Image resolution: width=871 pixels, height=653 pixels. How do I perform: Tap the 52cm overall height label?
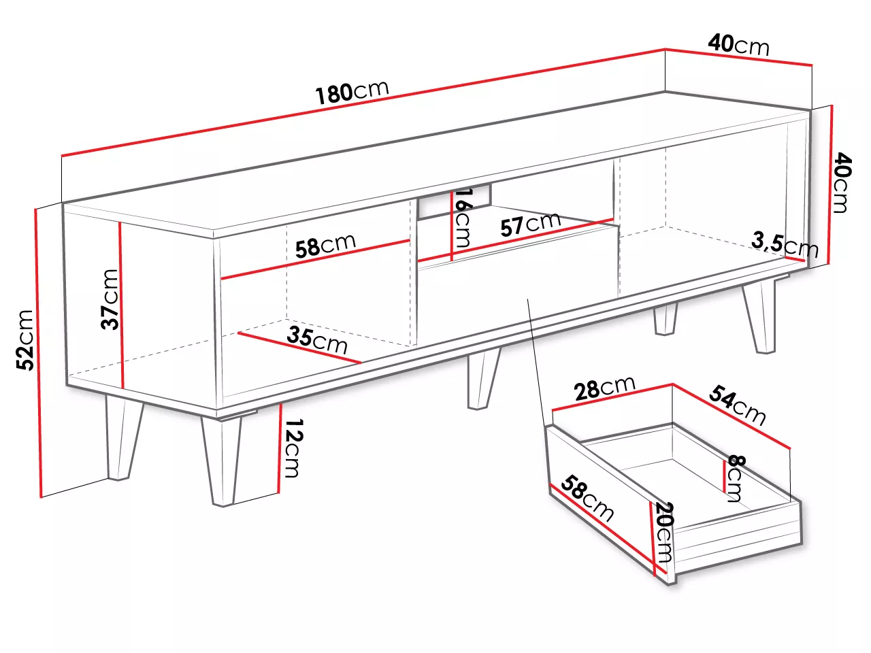pyautogui.click(x=25, y=340)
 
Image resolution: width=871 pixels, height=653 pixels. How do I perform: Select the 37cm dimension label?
pyautogui.click(x=110, y=299)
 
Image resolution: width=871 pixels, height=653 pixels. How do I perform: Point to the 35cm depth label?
pyautogui.click(x=317, y=340)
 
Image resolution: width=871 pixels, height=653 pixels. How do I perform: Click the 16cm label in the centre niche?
pyautogui.click(x=462, y=218)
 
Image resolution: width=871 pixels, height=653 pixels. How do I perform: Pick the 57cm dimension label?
pyautogui.click(x=530, y=224)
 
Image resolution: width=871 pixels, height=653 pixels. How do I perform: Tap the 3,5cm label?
pyautogui.click(x=785, y=245)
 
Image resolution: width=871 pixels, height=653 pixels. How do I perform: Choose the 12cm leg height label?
pyautogui.click(x=294, y=448)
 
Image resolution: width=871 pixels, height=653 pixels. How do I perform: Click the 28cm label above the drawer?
pyautogui.click(x=605, y=388)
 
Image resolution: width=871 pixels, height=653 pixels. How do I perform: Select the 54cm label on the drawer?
pyautogui.click(x=737, y=405)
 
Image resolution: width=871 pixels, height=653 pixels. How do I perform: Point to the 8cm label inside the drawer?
pyautogui.click(x=736, y=479)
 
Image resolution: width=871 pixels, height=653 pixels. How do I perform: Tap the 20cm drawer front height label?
pyautogui.click(x=664, y=532)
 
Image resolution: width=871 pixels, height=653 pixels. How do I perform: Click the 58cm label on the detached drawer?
pyautogui.click(x=587, y=498)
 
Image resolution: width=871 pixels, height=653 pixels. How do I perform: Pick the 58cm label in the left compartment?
pyautogui.click(x=325, y=246)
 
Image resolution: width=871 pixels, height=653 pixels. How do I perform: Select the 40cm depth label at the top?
pyautogui.click(x=738, y=45)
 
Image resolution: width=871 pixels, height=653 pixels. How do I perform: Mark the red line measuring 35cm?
pyautogui.click(x=299, y=348)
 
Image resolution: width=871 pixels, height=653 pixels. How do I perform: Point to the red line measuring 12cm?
pyautogui.click(x=280, y=448)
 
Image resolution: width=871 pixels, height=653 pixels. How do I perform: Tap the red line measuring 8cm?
pyautogui.click(x=725, y=478)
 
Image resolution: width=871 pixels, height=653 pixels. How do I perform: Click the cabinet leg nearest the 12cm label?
pyautogui.click(x=221, y=461)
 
